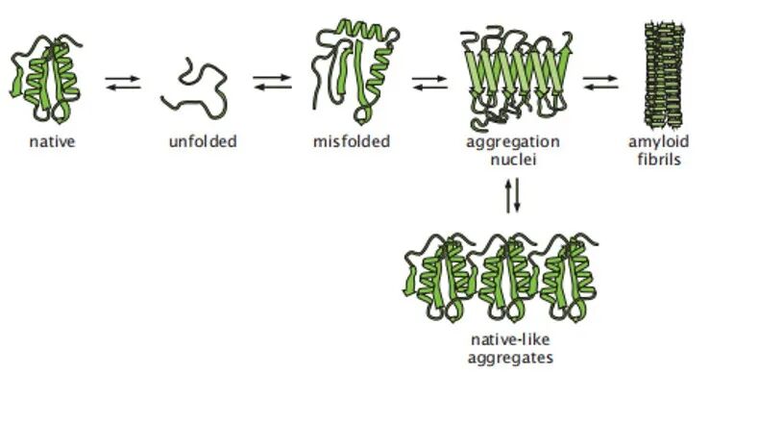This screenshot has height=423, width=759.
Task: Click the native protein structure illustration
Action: click(x=46, y=78)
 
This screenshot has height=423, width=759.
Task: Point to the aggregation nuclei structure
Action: click(x=516, y=78)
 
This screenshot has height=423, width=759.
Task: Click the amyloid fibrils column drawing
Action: click(x=664, y=75)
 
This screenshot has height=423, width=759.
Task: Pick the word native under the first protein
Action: click(x=52, y=141)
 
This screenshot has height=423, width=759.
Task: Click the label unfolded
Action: click(x=203, y=141)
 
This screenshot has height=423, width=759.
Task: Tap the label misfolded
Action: click(x=352, y=141)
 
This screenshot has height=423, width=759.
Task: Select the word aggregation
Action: click(x=513, y=142)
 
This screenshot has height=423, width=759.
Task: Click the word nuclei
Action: click(x=514, y=160)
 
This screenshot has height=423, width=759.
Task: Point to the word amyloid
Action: click(x=659, y=142)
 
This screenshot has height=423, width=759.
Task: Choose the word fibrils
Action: click(x=659, y=159)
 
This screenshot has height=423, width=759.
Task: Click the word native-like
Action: click(x=510, y=339)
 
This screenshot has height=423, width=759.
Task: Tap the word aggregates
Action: click(x=510, y=359)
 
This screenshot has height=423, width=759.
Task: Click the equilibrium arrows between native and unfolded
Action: click(x=123, y=83)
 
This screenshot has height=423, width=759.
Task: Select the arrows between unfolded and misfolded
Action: click(x=273, y=82)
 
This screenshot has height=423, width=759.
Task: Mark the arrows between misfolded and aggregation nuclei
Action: click(x=429, y=83)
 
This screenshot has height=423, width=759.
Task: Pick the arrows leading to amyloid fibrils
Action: click(x=600, y=83)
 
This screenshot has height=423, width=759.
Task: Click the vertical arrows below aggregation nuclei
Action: click(x=513, y=195)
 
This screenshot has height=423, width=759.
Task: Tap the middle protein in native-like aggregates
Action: click(x=508, y=279)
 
